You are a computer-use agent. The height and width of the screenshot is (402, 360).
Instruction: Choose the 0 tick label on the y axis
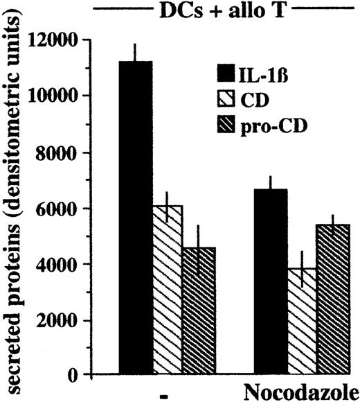coord(90,376)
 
